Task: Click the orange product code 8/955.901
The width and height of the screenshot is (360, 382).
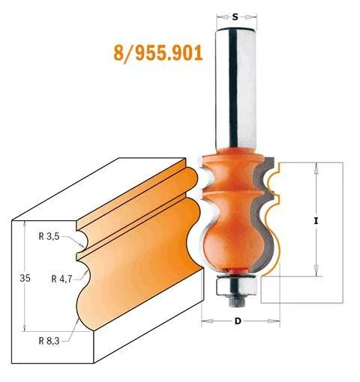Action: pyautogui.click(x=158, y=54)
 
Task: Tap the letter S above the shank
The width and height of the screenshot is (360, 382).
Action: pyautogui.click(x=235, y=17)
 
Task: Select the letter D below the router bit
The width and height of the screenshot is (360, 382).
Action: pyautogui.click(x=238, y=321)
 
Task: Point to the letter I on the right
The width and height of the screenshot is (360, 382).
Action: pyautogui.click(x=316, y=221)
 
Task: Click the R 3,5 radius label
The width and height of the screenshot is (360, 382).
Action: pyautogui.click(x=49, y=236)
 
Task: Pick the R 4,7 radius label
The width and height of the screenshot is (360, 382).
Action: pyautogui.click(x=61, y=279)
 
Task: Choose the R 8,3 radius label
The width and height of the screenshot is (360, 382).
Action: pyautogui.click(x=49, y=341)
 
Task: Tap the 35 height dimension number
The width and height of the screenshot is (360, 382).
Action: pyautogui.click(x=25, y=278)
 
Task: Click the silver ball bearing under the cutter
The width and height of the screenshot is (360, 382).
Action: pyautogui.click(x=236, y=286)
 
